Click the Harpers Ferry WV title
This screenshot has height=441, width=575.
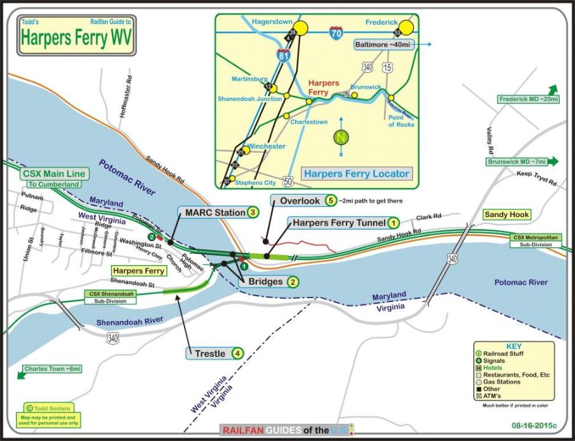[x=77, y=37]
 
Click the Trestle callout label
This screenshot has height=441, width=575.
[x=209, y=353]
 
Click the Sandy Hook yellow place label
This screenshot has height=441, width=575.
[x=506, y=215]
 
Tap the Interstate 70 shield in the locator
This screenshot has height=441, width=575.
[x=337, y=32]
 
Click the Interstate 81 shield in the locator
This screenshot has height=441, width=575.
[x=284, y=56]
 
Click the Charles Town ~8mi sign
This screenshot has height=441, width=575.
[x=53, y=369]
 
